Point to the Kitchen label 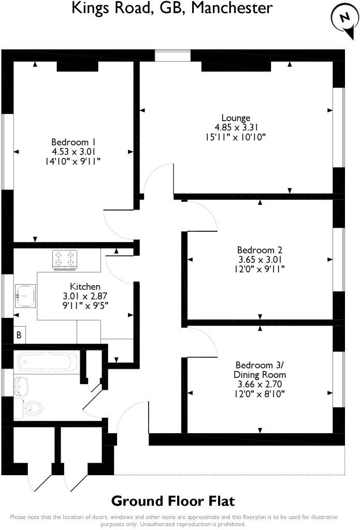85,286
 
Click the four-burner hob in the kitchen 65,259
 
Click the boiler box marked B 19,335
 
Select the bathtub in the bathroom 47,362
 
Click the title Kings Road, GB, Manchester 172,8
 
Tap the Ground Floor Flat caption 173,501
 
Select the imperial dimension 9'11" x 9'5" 85,305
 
